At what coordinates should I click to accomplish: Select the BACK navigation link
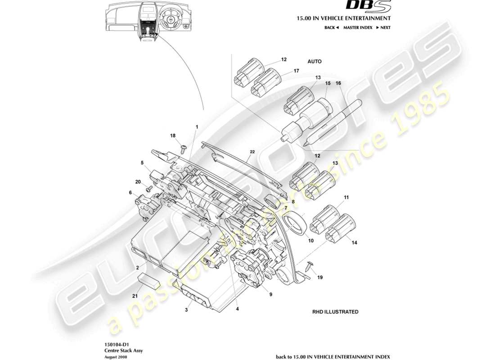[331, 27]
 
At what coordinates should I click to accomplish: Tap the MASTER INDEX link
[357, 27]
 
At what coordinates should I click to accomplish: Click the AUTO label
[315, 61]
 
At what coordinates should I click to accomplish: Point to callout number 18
[173, 135]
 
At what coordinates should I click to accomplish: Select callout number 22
[252, 152]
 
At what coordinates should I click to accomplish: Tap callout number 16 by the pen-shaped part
[338, 83]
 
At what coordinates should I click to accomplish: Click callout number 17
[296, 71]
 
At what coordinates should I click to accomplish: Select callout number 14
[354, 243]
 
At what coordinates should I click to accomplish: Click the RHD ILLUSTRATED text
[335, 311]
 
